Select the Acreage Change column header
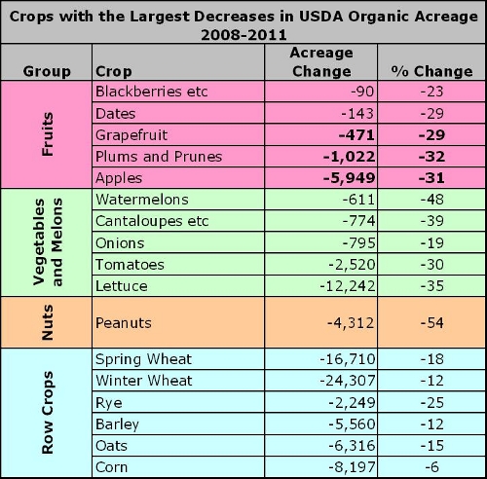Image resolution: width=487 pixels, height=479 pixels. click(321, 61)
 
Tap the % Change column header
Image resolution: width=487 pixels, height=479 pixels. click(431, 71)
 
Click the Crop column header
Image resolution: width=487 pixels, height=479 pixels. click(114, 71)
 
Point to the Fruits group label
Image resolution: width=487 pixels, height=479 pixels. click(48, 134)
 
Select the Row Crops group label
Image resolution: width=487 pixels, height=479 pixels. click(48, 414)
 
